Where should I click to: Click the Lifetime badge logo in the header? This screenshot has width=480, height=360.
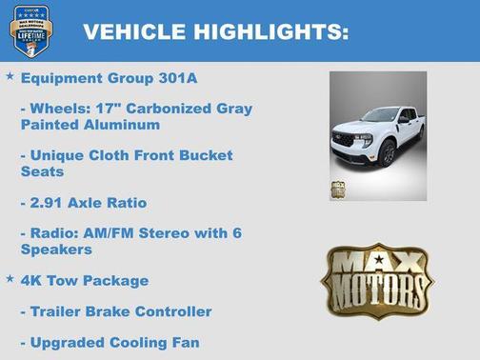point(30,30)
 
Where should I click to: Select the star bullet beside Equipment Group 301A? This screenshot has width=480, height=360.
point(10,75)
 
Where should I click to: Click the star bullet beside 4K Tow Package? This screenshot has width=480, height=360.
point(10,278)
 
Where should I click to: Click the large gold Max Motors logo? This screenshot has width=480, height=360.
point(376,279)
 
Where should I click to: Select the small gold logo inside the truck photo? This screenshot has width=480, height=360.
point(338,189)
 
